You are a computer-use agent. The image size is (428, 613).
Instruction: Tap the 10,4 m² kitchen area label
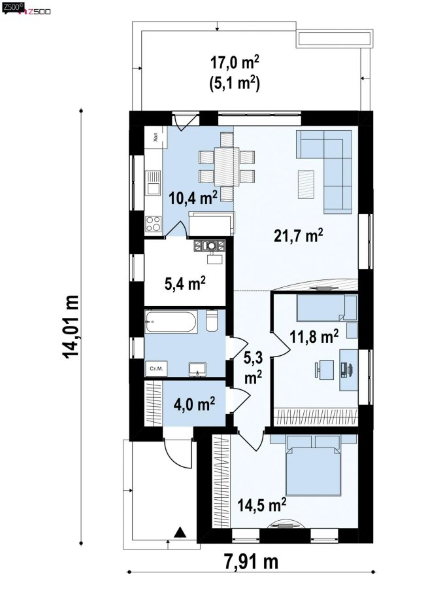tap(193, 197)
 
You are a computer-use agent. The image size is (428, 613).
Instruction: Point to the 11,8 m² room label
tap(314, 336)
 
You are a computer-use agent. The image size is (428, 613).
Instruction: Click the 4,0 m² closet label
tap(194, 404)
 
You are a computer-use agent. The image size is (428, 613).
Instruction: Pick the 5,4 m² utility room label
tap(185, 283)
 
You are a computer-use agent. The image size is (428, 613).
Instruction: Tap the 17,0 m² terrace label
tap(235, 62)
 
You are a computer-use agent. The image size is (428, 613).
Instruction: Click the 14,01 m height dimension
tap(71, 327)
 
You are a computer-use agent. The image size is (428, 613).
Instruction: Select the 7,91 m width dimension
tap(251, 561)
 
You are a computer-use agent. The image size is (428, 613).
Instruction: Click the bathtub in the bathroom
tap(171, 321)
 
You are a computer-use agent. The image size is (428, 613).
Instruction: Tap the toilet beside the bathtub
tap(211, 321)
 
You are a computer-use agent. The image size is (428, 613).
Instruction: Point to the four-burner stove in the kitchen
tap(154, 224)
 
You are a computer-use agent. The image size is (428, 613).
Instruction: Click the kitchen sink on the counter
tap(153, 183)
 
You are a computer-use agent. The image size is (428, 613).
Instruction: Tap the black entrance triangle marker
tap(180, 532)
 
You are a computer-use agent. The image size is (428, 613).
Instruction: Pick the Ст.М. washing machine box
tap(156, 368)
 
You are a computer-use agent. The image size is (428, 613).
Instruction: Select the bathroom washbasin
tap(197, 369)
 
